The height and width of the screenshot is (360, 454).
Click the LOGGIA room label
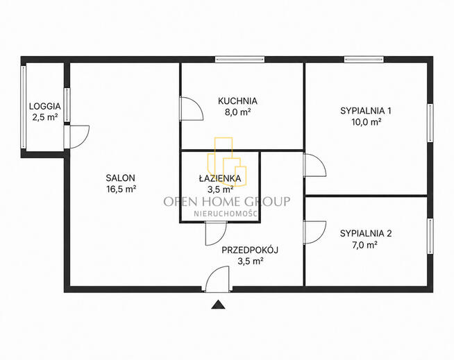point(45,106)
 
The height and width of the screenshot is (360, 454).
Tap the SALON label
point(121,178)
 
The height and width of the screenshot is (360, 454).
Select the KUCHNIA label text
point(237,101)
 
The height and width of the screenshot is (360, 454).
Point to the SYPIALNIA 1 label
point(366,110)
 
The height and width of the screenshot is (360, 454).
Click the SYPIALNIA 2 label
point(366,233)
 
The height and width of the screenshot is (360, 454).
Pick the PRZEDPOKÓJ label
point(250,250)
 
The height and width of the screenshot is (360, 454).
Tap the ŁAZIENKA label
point(220,178)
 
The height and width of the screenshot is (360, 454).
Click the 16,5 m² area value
point(121,189)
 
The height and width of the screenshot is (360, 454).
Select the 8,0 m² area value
point(237,112)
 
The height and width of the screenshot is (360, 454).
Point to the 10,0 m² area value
point(366,122)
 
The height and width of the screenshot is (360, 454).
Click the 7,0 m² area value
point(364,245)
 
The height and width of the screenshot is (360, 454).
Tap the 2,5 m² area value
point(45,117)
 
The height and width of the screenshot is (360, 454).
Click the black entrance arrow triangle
point(218,305)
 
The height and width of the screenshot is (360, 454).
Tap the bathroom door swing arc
point(216,234)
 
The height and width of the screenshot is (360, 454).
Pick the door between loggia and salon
point(76,137)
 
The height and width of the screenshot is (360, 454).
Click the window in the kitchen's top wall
point(240,60)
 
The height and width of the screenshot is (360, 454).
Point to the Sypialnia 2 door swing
point(315,232)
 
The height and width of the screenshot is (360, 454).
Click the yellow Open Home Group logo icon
point(227,162)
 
